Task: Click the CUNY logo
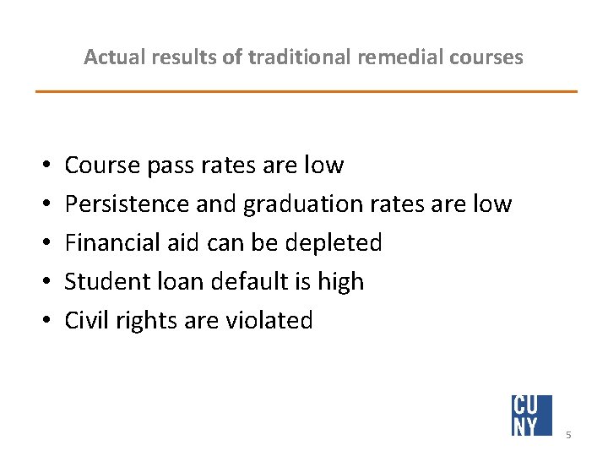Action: pyautogui.click(x=531, y=415)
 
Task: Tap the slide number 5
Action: pyautogui.click(x=569, y=434)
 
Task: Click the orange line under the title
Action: pyautogui.click(x=306, y=91)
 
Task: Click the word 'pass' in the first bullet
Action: pyautogui.click(x=170, y=166)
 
